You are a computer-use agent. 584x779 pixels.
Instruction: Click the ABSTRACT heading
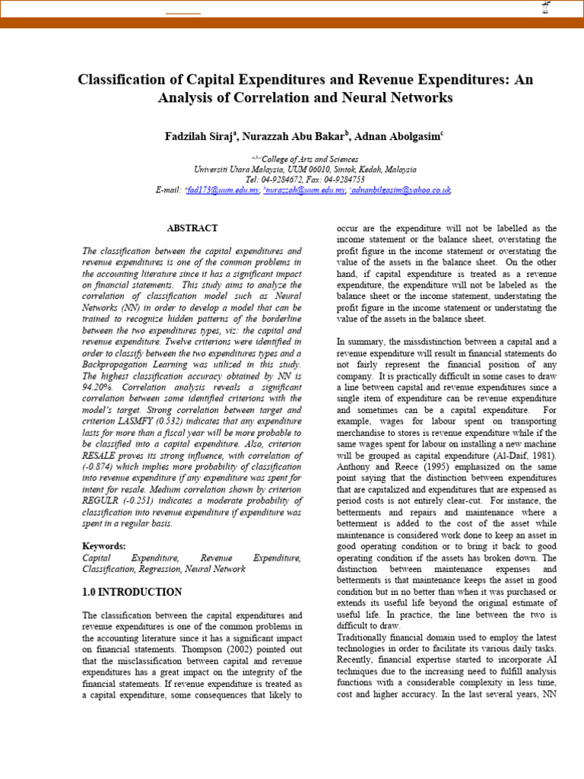tap(192, 228)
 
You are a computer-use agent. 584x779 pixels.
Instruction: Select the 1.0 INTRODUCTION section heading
tap(132, 592)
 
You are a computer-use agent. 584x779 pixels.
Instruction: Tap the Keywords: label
tap(104, 546)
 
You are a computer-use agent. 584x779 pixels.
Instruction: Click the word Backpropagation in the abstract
tap(124, 364)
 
